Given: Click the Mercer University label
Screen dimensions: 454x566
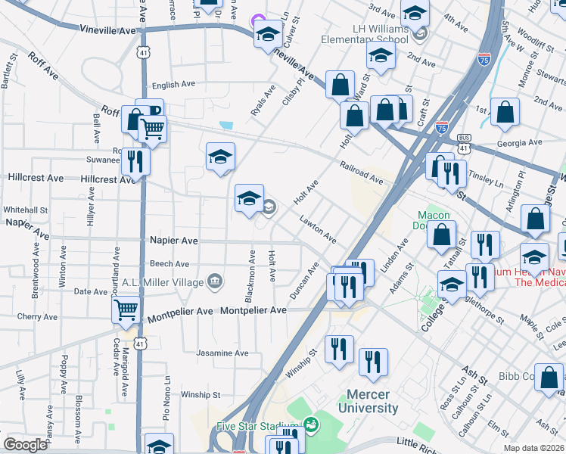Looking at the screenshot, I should [372, 401].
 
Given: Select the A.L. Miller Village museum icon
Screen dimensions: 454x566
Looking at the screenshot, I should [215, 282].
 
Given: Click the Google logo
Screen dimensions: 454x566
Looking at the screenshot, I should [25, 444].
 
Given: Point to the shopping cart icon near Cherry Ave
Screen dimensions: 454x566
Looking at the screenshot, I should [125, 309].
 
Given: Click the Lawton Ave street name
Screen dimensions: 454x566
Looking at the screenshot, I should [318, 228].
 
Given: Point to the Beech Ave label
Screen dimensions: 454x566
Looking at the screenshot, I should [169, 264].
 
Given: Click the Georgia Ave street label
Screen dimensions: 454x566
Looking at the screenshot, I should [520, 142].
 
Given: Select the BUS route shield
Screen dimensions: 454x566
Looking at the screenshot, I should [465, 138].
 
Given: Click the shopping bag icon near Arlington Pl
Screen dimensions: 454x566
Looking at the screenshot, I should [535, 218].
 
